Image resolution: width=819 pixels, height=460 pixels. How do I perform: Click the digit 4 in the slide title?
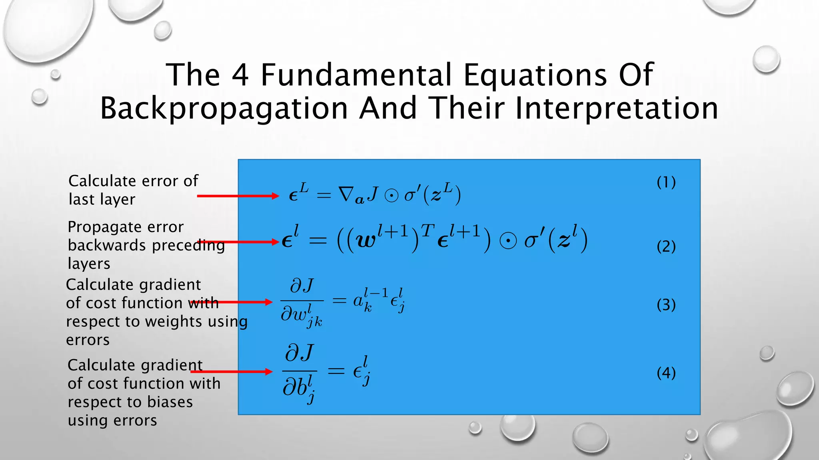point(240,75)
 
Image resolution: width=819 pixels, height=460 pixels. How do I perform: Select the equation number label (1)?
point(666,182)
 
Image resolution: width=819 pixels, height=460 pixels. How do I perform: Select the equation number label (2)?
point(666,246)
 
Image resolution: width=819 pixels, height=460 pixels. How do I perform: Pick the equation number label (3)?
point(666,305)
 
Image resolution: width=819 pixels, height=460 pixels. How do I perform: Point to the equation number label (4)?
point(666,373)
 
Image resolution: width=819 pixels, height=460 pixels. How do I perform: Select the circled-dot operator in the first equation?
point(391,196)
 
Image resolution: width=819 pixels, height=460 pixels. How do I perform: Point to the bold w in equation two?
point(365,241)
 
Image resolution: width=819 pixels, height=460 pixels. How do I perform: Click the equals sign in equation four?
point(336,371)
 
